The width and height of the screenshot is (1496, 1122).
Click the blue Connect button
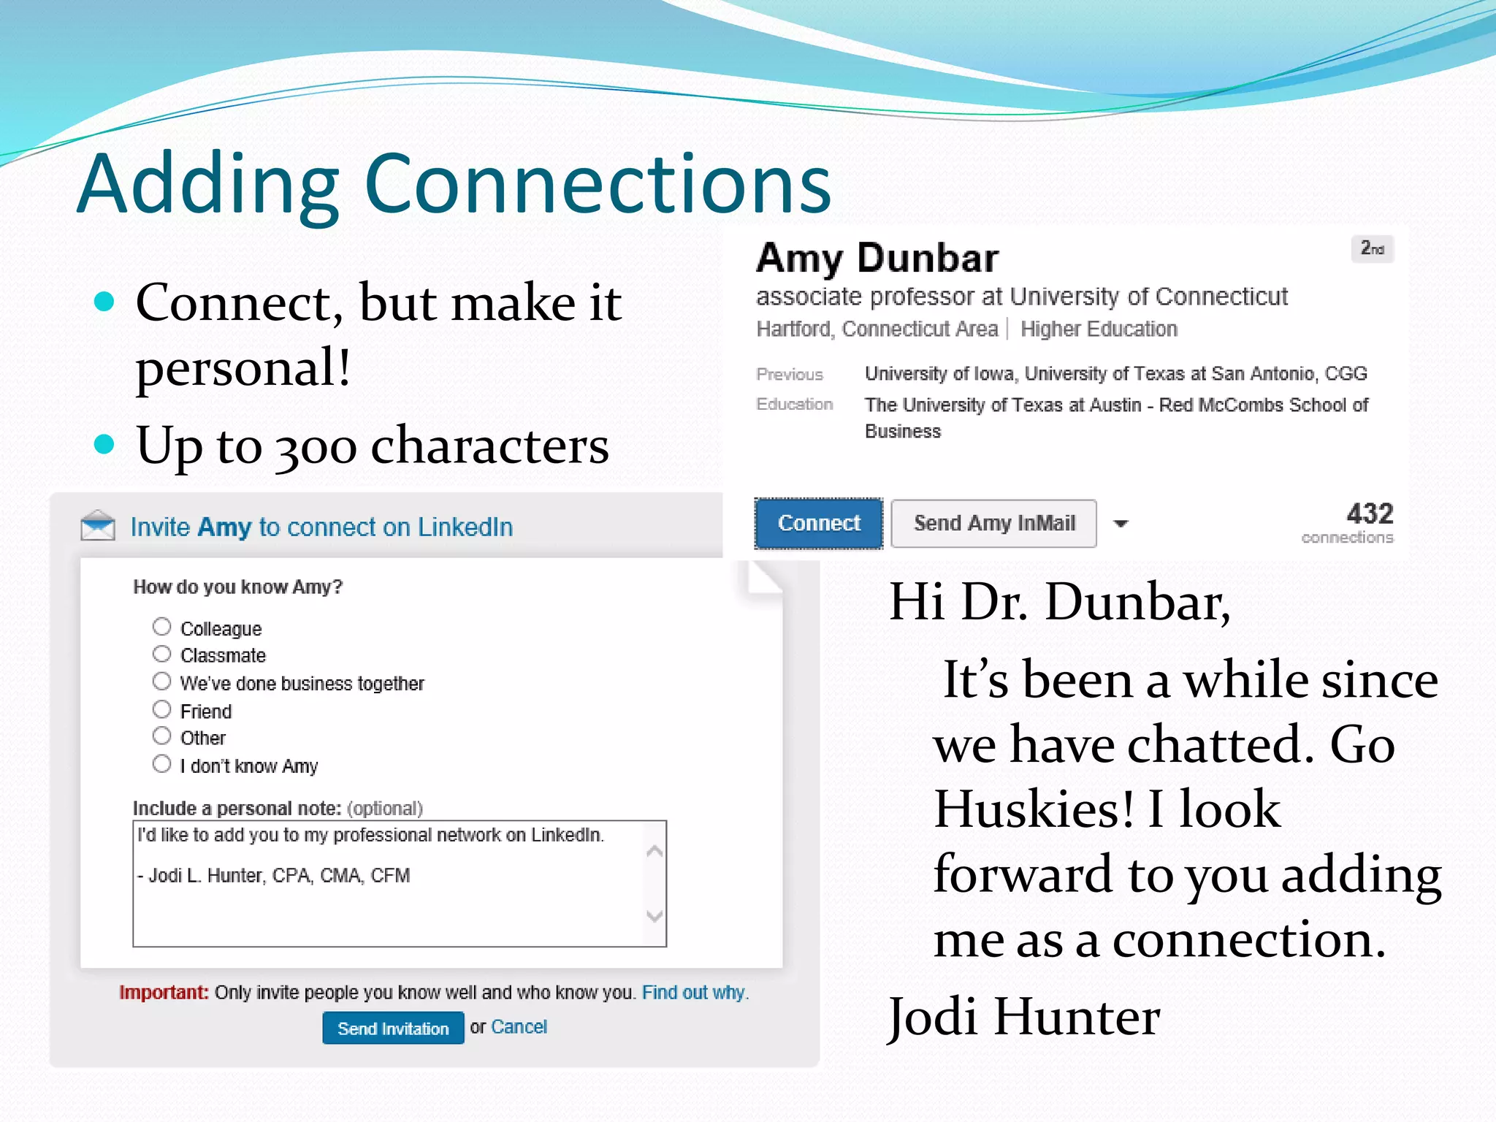818,523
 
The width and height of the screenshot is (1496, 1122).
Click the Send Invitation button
393,1028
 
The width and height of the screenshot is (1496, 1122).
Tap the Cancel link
519,1027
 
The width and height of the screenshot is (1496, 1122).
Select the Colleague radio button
161,627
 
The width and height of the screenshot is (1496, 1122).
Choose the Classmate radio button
161,654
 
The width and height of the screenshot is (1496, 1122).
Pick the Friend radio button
161,709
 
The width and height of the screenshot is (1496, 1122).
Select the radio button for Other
161,736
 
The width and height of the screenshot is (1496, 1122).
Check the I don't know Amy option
161,764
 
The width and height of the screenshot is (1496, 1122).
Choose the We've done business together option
161,682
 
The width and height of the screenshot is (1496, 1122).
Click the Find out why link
694,993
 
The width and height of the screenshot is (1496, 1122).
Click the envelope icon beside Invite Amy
98,526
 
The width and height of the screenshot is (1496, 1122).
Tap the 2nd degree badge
1372,249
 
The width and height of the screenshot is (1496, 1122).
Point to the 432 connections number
1370,514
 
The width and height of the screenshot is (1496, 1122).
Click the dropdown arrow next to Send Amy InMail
1121,524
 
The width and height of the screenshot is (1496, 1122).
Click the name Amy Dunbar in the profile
877,259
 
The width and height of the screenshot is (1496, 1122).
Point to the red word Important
164,993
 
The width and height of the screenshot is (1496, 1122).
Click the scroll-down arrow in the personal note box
654,916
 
